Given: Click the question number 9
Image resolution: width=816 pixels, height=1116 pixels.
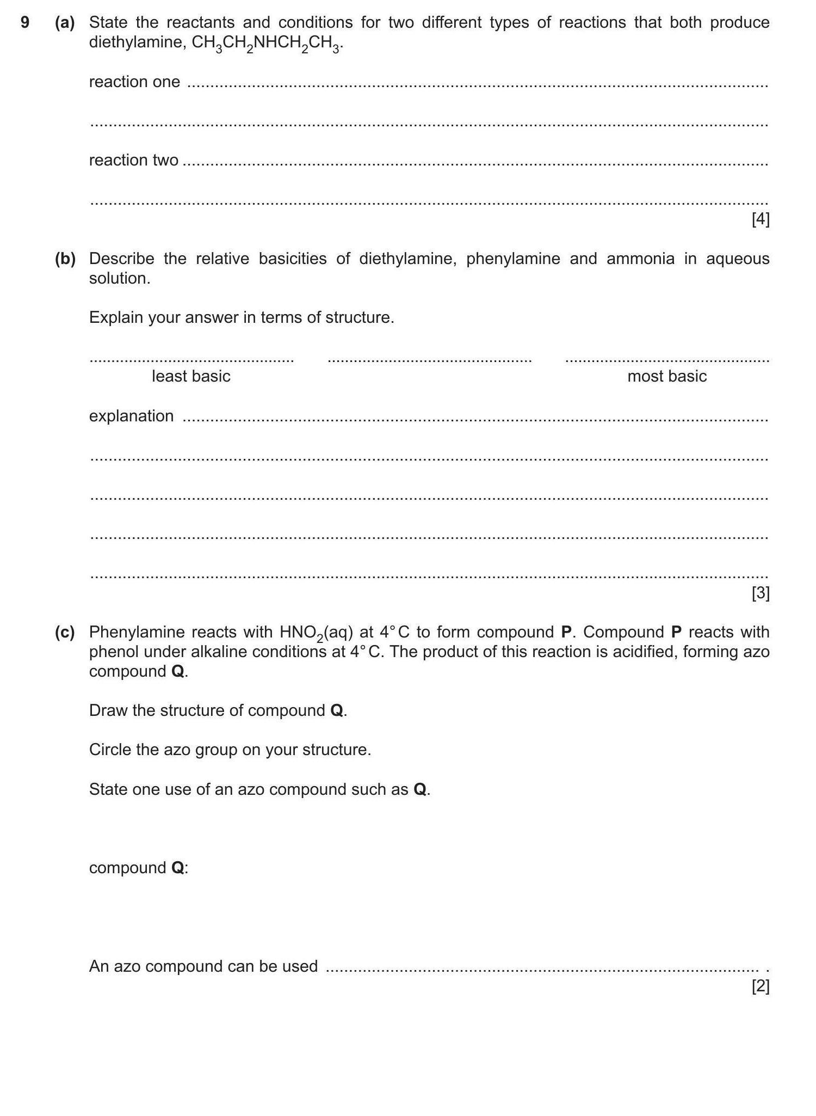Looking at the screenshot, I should pos(24,22).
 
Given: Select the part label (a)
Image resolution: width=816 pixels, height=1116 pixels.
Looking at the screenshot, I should pos(65,22).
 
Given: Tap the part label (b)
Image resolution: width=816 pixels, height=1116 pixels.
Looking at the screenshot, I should pos(65,259).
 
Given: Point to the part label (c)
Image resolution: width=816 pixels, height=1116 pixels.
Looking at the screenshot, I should pos(65,632).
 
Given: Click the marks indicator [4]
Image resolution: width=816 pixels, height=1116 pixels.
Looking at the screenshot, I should pos(760,219).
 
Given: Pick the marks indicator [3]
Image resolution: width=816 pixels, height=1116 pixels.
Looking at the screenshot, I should pos(760,593).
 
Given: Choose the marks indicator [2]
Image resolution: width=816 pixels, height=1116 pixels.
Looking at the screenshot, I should pos(760,986).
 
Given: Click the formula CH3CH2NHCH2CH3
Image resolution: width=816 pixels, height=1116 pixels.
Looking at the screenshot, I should pos(267,44).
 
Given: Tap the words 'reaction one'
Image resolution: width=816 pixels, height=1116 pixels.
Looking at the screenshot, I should pos(134,82).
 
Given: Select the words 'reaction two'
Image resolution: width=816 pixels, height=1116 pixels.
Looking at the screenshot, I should pos(134,161).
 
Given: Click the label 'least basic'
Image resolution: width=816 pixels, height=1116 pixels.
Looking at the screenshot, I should pos(191,376).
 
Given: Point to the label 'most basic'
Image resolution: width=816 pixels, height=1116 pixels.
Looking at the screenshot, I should pos(667,376).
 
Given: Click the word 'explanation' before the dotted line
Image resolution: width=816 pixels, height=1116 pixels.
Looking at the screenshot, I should pos(131,416).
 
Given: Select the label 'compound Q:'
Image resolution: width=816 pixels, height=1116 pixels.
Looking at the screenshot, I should pos(138,868).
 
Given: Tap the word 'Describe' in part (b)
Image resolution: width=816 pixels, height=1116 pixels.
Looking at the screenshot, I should pos(121,259).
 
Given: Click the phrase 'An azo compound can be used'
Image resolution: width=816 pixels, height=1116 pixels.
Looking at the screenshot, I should pos(203,966).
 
